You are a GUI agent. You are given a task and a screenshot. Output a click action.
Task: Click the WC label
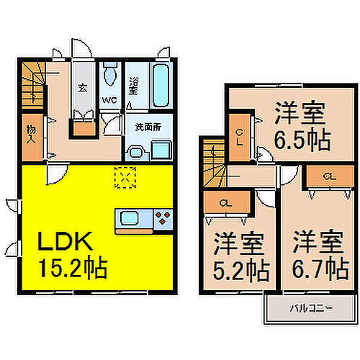(x=110, y=100)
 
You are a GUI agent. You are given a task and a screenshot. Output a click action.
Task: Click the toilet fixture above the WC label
(x=110, y=76)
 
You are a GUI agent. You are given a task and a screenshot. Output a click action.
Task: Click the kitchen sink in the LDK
(x=132, y=218)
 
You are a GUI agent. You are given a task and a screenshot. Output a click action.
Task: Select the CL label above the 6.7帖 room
(x=328, y=176)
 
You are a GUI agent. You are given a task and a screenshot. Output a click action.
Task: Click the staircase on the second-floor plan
(x=212, y=161)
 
